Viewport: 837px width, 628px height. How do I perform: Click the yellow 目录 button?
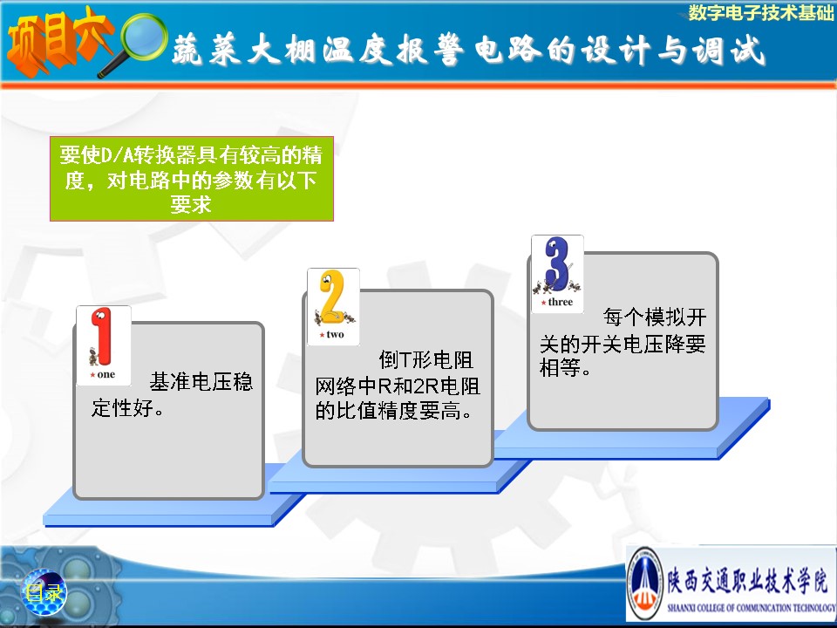click(x=44, y=592)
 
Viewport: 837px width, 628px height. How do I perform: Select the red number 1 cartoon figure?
click(x=101, y=337)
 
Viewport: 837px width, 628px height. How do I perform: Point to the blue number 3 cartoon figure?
click(x=557, y=265)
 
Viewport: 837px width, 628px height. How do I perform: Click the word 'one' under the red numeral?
click(x=106, y=374)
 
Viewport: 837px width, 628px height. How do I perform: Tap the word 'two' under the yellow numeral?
click(x=335, y=335)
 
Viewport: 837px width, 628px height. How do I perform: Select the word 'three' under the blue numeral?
click(x=561, y=303)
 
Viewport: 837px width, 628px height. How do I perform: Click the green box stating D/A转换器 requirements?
click(x=192, y=179)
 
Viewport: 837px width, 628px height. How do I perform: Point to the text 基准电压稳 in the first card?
click(x=201, y=382)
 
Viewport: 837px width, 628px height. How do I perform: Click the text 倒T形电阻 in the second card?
click(x=426, y=360)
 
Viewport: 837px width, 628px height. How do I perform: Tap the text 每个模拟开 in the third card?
click(x=655, y=317)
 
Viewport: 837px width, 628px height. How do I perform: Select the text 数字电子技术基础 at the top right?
click(x=760, y=12)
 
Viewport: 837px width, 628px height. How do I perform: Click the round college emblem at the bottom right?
click(x=644, y=584)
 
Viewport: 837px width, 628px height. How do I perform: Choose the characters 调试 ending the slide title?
click(x=729, y=51)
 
